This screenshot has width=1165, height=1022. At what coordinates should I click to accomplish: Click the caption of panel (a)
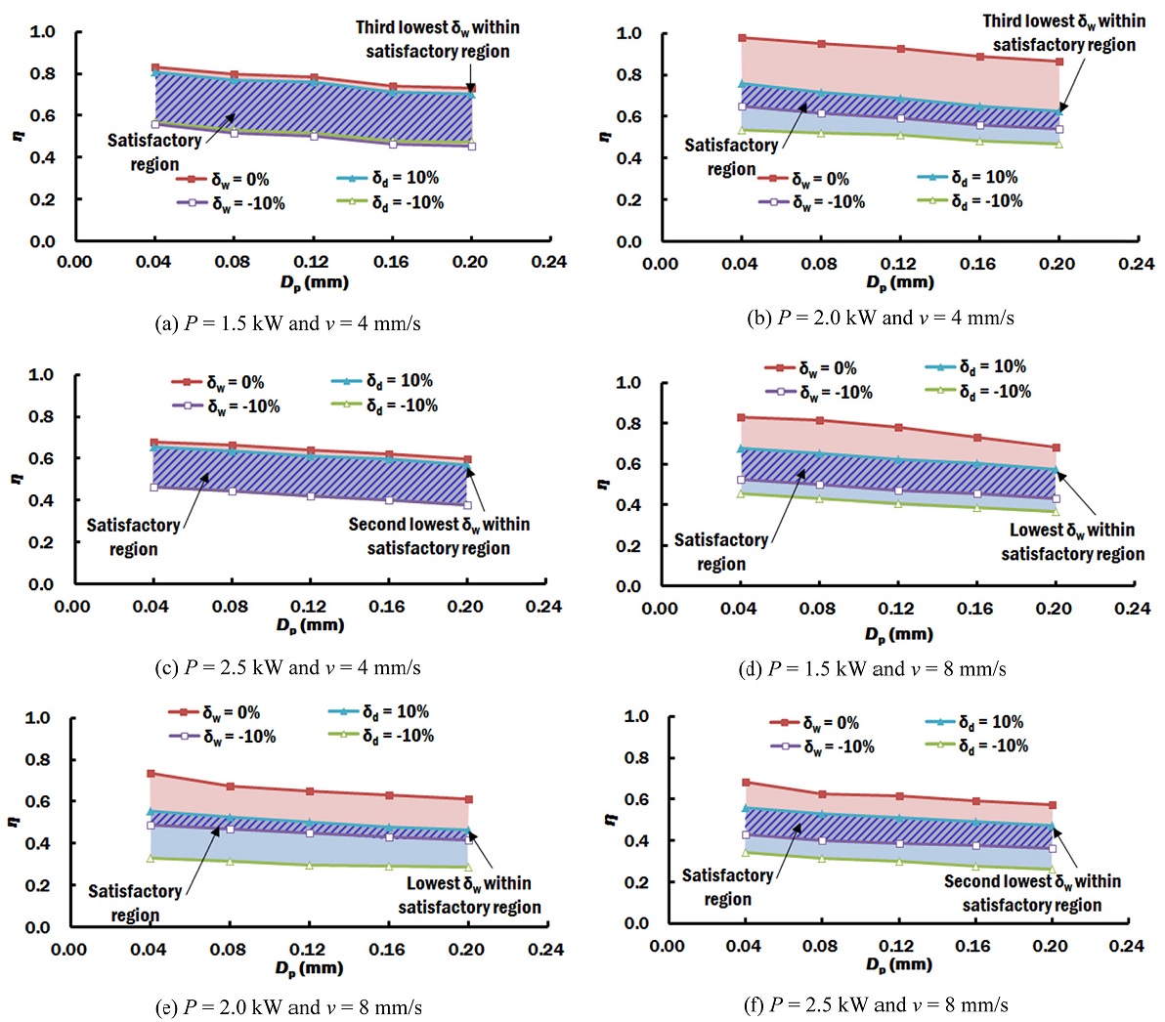[x=287, y=323]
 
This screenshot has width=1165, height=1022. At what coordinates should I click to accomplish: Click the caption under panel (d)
[x=873, y=669]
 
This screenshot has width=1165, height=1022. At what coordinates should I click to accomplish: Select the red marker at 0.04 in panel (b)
[x=742, y=38]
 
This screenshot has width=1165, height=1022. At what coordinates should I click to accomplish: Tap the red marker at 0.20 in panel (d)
[x=1056, y=447]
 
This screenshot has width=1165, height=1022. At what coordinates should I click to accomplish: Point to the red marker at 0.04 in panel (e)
[x=151, y=773]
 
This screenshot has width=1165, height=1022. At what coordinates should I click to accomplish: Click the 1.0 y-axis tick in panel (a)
[x=42, y=32]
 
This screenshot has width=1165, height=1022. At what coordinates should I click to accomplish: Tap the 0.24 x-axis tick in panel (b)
[x=1137, y=264]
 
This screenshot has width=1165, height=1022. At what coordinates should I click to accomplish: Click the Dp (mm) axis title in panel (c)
[x=310, y=625]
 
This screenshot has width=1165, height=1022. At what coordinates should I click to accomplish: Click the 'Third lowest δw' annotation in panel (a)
[x=437, y=39]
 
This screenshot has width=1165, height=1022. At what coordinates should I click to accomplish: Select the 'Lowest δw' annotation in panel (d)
[x=1072, y=542]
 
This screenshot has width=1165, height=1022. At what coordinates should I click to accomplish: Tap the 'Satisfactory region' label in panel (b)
[x=730, y=157]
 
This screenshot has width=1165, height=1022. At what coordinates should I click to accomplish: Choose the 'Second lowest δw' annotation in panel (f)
[x=1032, y=893]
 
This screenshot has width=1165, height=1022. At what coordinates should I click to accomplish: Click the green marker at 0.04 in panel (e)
[x=151, y=858]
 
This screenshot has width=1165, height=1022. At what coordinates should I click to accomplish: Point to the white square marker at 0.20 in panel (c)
[x=467, y=505]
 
